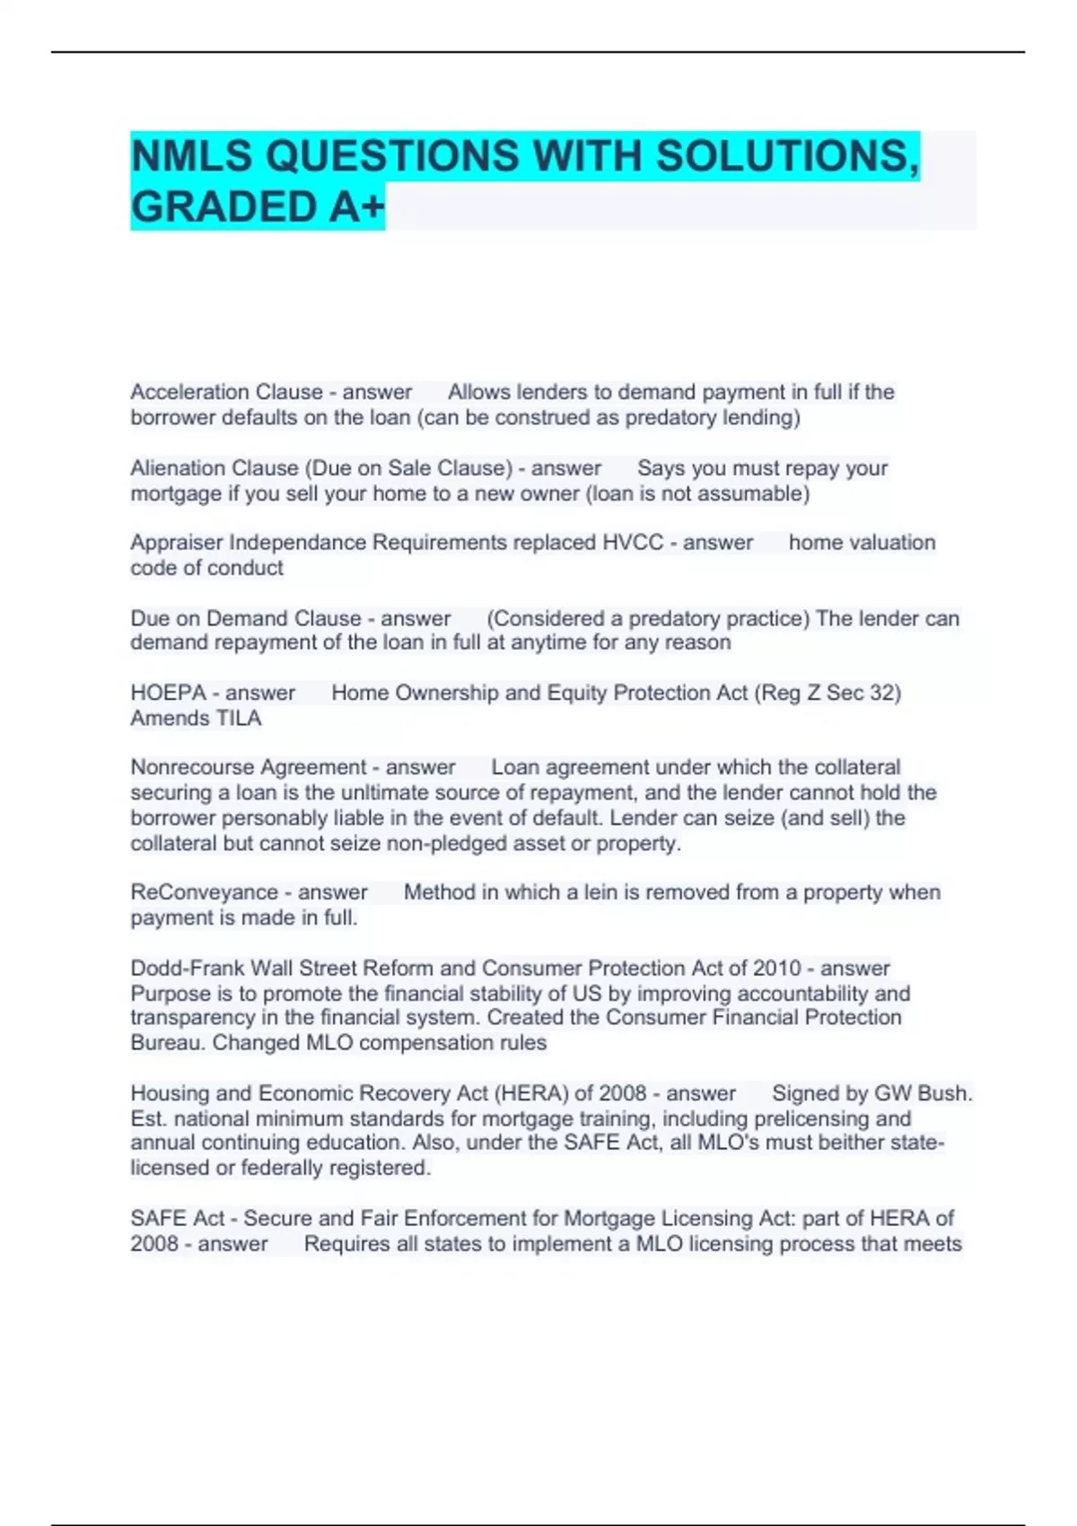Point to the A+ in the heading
click(355, 207)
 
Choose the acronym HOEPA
click(168, 693)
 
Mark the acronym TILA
click(238, 718)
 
